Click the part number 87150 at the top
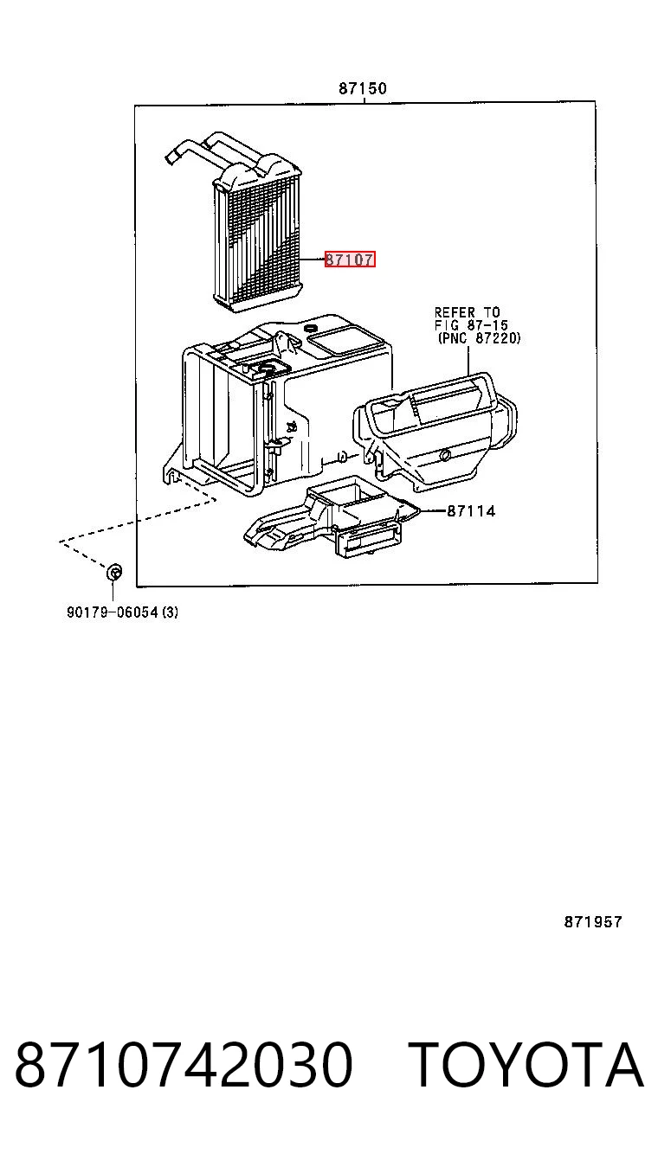(363, 88)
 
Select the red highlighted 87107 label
(350, 260)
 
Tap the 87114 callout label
(471, 511)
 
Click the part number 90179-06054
(112, 612)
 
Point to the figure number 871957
(593, 921)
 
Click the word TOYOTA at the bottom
(526, 1064)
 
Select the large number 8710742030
(184, 1064)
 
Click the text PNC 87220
(479, 338)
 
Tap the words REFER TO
(468, 312)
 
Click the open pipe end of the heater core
(171, 157)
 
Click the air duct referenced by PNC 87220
(435, 427)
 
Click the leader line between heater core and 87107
(312, 260)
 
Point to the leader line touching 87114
(434, 511)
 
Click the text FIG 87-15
(471, 325)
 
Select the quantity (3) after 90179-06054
(170, 612)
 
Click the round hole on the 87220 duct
(446, 454)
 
